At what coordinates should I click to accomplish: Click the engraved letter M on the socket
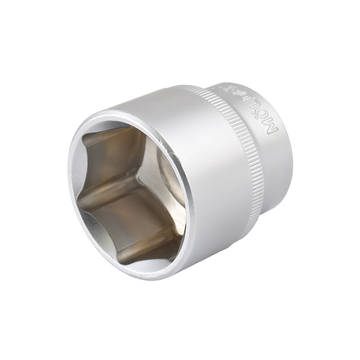coord(272,127)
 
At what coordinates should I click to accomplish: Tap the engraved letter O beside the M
coord(264,115)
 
